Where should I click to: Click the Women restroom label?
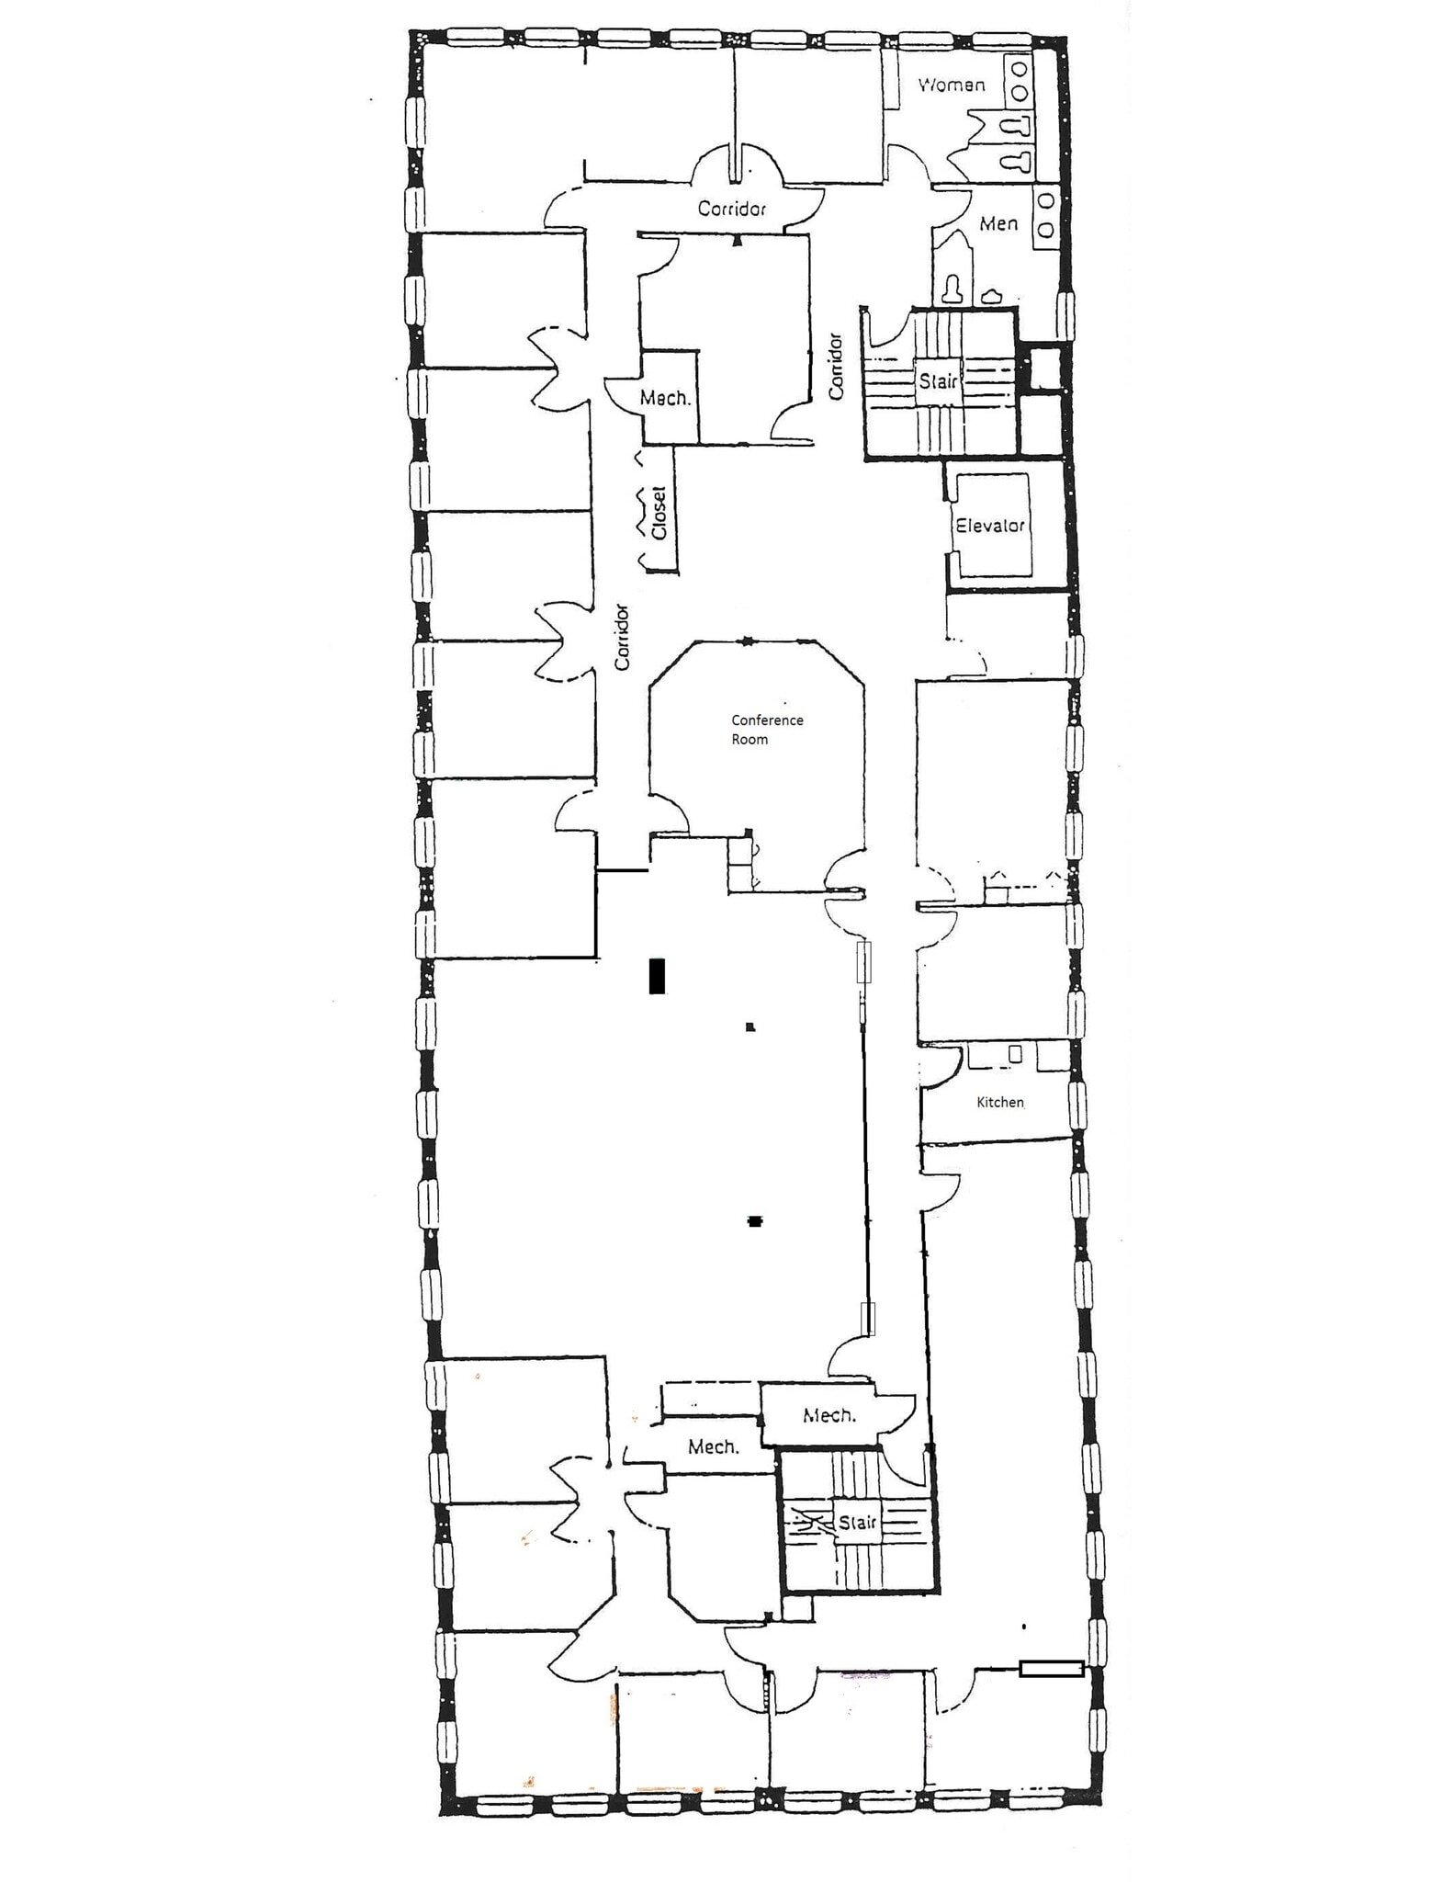(952, 85)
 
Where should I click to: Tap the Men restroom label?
(998, 223)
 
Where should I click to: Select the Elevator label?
(989, 526)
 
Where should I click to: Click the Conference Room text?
(767, 730)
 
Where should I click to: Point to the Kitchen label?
(999, 1102)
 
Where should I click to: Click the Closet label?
(659, 513)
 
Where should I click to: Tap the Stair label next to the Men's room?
(938, 380)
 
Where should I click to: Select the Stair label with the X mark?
(857, 1522)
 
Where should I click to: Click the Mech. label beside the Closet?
(665, 398)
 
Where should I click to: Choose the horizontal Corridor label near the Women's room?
(731, 209)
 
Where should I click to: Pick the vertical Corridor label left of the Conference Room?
(623, 636)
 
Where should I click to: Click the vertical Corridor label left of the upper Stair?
(835, 366)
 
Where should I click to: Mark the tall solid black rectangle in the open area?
(657, 975)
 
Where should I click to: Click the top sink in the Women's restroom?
(1019, 70)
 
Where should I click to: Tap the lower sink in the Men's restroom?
(1045, 231)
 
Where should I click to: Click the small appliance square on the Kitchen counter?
(1015, 1054)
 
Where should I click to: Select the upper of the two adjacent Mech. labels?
(829, 1415)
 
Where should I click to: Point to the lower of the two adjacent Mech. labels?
(713, 1447)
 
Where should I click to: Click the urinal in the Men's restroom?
(991, 296)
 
